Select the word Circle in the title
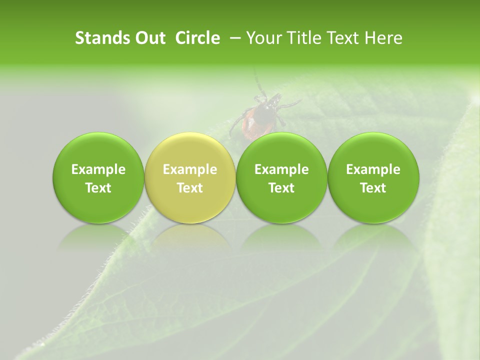pyautogui.click(x=197, y=38)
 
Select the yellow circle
pyautogui.click(x=189, y=177)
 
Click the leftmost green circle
pyautogui.click(x=98, y=177)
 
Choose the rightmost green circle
pyautogui.click(x=373, y=177)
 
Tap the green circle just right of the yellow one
pyautogui.click(x=281, y=177)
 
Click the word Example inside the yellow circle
pyautogui.click(x=190, y=169)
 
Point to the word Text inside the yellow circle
pyautogui.click(x=190, y=187)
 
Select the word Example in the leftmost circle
pyautogui.click(x=98, y=169)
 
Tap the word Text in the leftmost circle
pyautogui.click(x=98, y=187)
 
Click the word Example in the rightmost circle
pyautogui.click(x=373, y=169)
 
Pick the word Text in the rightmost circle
pyautogui.click(x=373, y=187)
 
